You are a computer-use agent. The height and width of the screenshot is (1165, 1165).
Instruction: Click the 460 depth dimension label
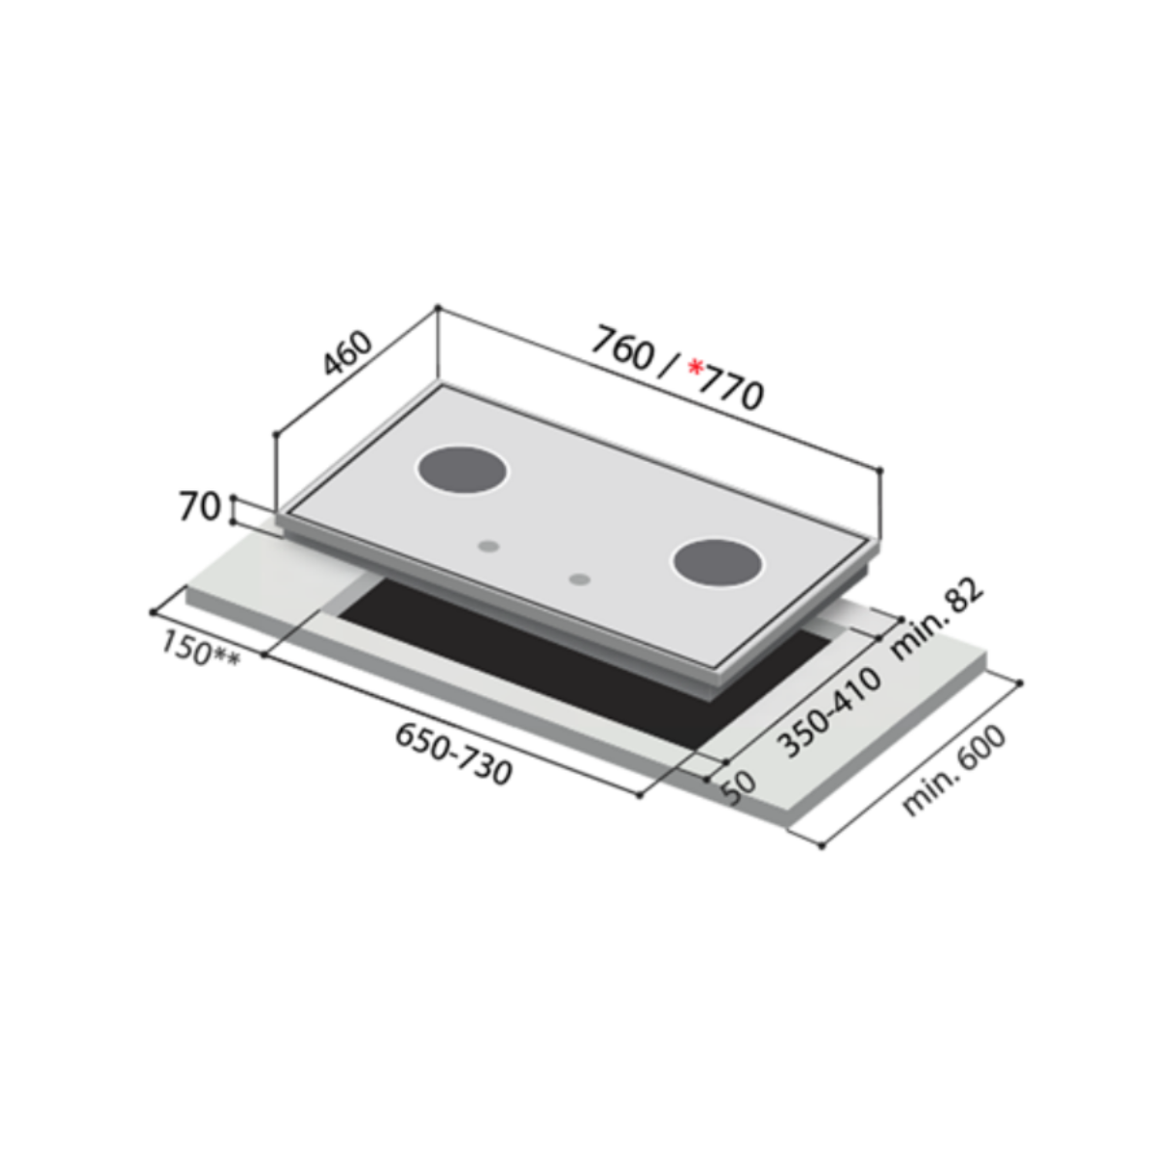click(x=347, y=353)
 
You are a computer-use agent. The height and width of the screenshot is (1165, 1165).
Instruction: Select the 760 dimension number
click(x=622, y=348)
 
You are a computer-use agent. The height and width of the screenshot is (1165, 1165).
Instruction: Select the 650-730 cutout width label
click(x=453, y=754)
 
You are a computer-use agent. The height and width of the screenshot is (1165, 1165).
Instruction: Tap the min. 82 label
click(x=937, y=620)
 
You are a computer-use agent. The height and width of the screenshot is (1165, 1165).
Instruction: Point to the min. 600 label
click(x=953, y=770)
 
